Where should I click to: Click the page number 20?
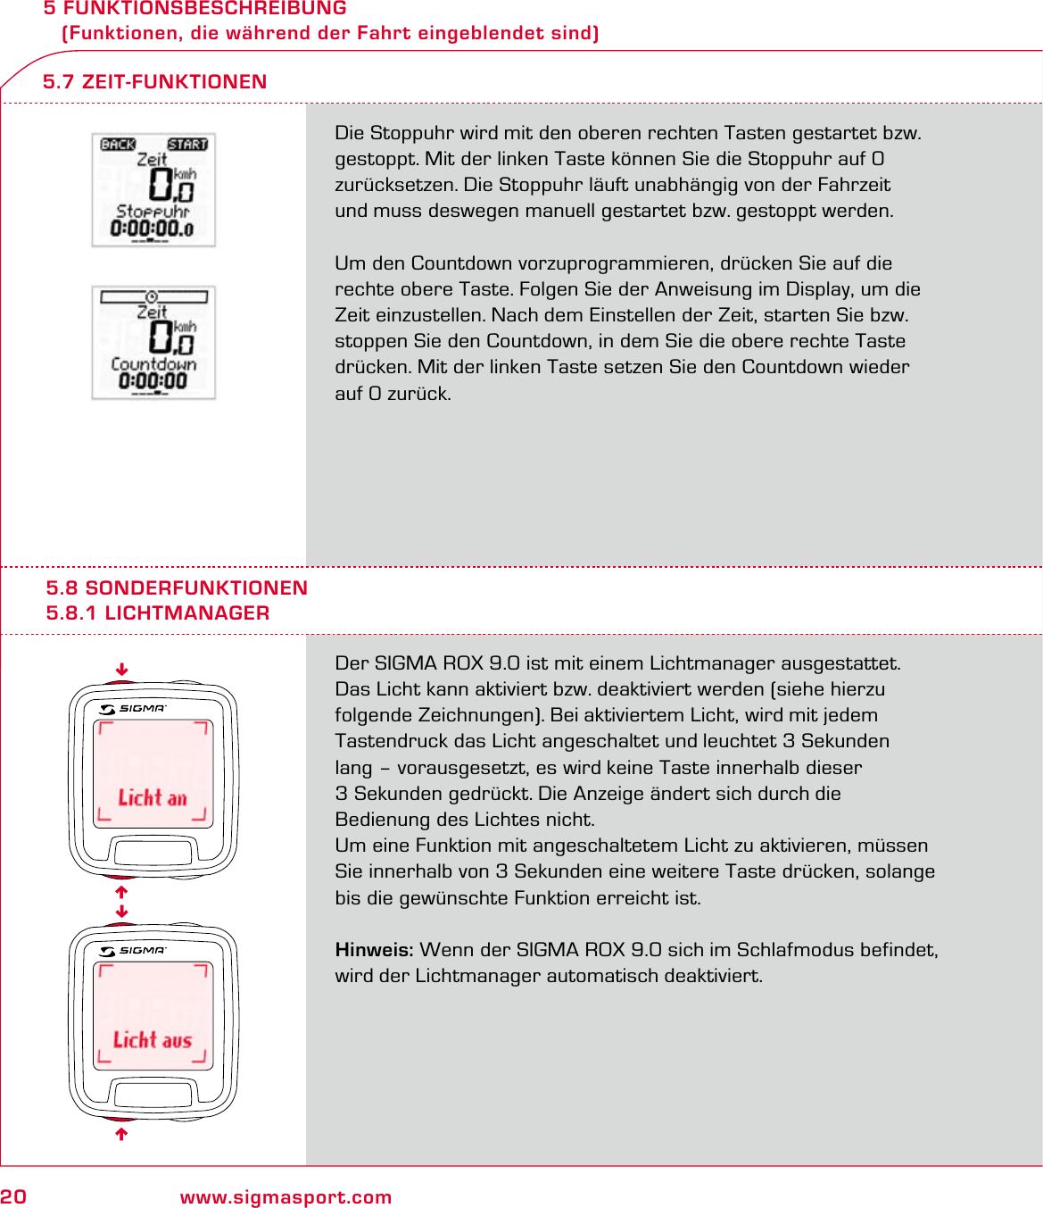[x=13, y=1197]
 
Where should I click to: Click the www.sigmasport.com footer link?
[x=286, y=1197]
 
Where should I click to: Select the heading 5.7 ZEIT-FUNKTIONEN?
[x=154, y=82]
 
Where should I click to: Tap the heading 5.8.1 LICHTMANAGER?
[x=158, y=613]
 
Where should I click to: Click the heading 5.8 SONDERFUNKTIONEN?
[x=177, y=588]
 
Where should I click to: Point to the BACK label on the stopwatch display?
[x=118, y=145]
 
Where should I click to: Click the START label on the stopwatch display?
[x=187, y=145]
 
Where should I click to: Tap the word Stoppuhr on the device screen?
[x=153, y=212]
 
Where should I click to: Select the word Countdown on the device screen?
[x=153, y=364]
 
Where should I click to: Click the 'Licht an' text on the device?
[x=153, y=797]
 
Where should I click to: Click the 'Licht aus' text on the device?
[x=153, y=1039]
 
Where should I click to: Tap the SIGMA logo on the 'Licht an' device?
[x=134, y=709]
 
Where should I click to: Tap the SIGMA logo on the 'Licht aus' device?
[x=134, y=951]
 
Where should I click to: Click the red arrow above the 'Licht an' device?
[x=121, y=670]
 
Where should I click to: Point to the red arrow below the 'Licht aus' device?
[x=121, y=1134]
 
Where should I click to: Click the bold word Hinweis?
[x=374, y=950]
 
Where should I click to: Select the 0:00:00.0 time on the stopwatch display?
[x=152, y=229]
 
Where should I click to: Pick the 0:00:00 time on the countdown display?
[x=153, y=381]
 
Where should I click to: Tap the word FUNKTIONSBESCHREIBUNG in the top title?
[x=204, y=9]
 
